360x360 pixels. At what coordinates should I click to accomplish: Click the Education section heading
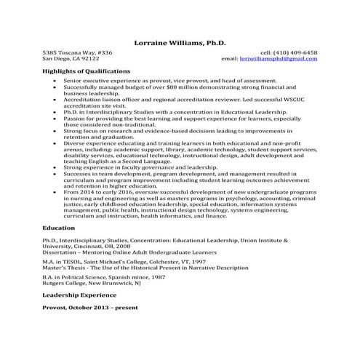tap(58, 228)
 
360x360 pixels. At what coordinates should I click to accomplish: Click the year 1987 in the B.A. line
tap(161, 277)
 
